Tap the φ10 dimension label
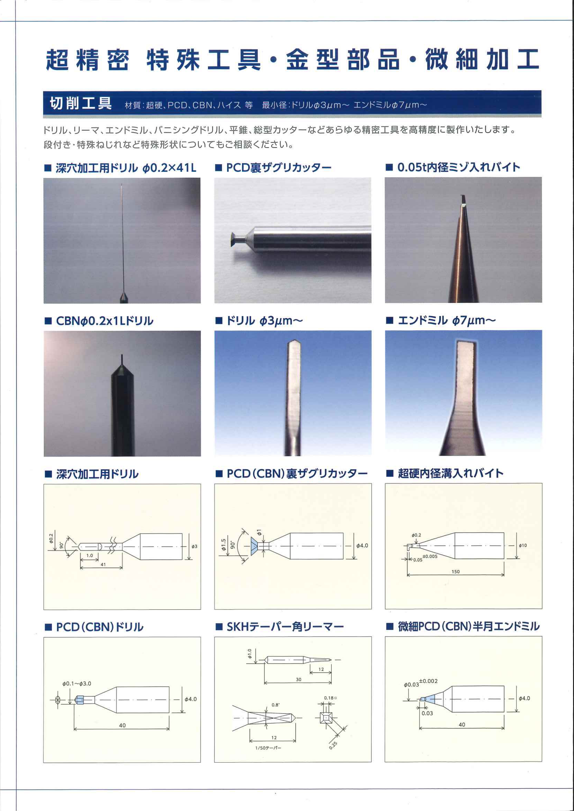(523, 545)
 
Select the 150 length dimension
(456, 572)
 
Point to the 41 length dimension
(103, 564)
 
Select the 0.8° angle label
(276, 705)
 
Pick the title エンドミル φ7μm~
(447, 321)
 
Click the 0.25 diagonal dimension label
(333, 745)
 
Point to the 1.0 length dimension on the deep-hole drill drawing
(90, 555)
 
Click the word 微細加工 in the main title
(482, 59)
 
